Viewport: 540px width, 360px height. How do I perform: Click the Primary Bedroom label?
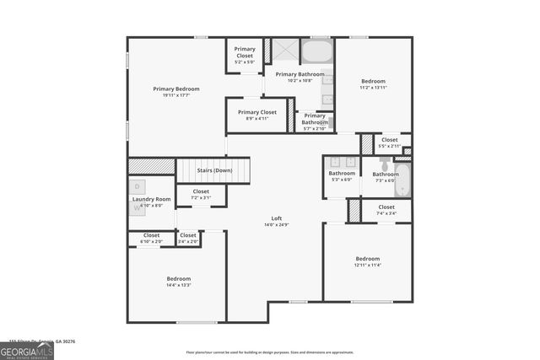pos(175,89)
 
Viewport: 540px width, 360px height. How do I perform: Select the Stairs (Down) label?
pos(214,170)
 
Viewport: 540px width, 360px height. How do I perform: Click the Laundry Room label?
pos(151,199)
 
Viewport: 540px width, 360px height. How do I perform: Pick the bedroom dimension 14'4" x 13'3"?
pos(178,286)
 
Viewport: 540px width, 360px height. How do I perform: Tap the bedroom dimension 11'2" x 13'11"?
pos(372,88)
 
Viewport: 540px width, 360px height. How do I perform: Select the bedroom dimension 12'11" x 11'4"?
pos(367,265)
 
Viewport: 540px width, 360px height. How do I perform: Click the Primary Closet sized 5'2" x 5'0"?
pos(245,62)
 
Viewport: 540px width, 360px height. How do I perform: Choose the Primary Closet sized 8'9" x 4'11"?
pos(256,119)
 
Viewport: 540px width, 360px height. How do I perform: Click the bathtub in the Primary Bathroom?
pos(316,52)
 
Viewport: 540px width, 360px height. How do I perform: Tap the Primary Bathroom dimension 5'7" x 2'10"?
pos(315,128)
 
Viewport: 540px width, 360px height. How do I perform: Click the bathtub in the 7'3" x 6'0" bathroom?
pos(402,178)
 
